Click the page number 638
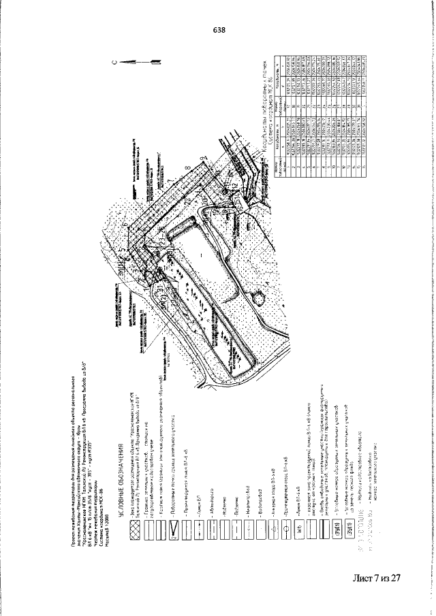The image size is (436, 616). (x=219, y=31)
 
